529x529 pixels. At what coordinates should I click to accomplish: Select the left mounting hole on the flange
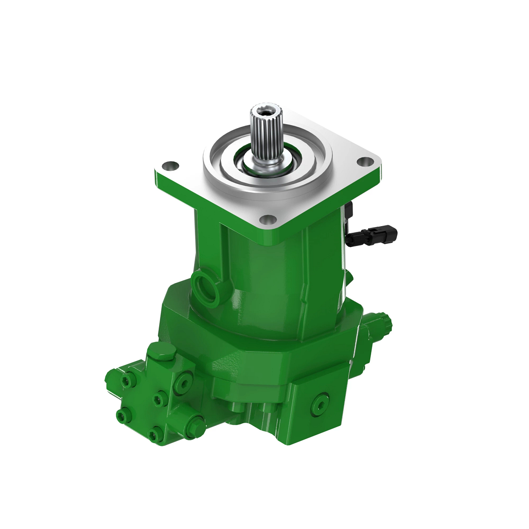(x=170, y=167)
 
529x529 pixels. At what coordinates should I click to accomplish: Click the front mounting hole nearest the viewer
(x=268, y=219)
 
